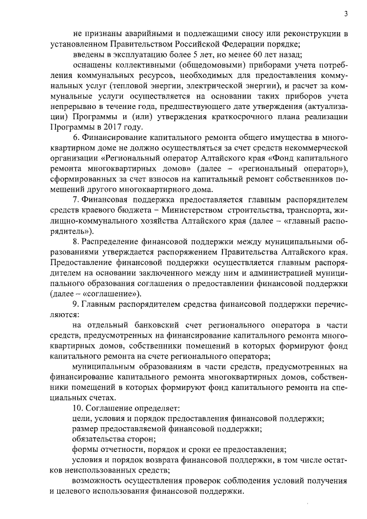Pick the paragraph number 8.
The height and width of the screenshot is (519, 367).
[75, 241]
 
